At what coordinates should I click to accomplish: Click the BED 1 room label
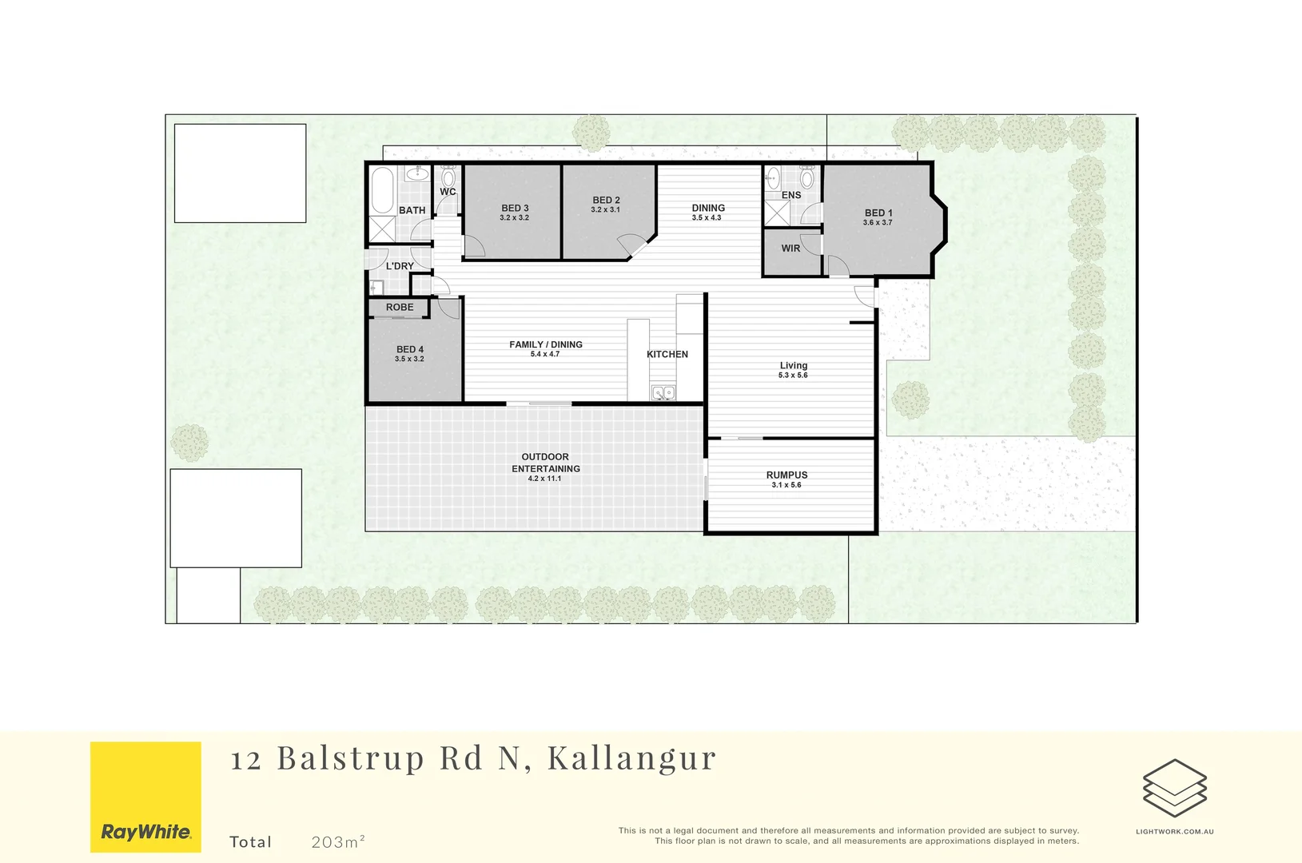(878, 213)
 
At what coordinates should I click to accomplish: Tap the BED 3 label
(515, 208)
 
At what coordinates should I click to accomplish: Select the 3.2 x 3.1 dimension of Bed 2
(605, 210)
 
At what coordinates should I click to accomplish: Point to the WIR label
(790, 249)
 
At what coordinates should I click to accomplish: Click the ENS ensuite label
(790, 195)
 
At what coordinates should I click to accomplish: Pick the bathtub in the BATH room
(382, 189)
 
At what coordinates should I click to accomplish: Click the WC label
(448, 192)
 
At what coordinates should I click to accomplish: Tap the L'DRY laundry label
(400, 266)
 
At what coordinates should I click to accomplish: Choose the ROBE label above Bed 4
(400, 307)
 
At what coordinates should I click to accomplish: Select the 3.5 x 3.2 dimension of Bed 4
(409, 360)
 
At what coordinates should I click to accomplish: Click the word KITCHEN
(667, 354)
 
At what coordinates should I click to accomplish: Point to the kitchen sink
(663, 392)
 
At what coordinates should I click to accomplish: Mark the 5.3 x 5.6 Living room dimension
(793, 376)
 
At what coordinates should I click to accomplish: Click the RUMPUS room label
(786, 475)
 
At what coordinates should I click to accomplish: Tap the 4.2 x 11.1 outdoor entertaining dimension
(544, 479)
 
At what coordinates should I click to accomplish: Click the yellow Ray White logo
(145, 797)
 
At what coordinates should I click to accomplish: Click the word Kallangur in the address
(631, 758)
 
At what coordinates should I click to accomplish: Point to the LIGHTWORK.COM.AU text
(1174, 831)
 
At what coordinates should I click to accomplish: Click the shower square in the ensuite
(777, 213)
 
